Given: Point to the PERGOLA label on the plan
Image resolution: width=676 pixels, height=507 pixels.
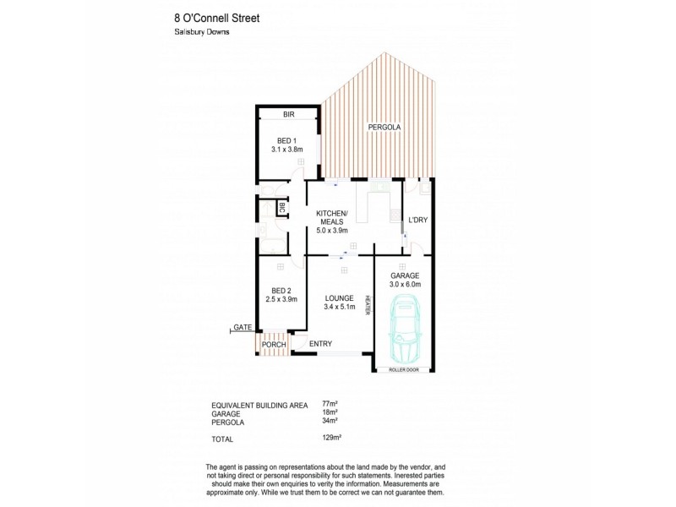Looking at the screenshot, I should pyautogui.click(x=384, y=128).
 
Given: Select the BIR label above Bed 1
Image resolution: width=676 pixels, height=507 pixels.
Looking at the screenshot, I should pyautogui.click(x=288, y=113).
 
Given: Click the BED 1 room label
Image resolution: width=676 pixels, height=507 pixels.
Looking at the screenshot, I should pyautogui.click(x=286, y=140).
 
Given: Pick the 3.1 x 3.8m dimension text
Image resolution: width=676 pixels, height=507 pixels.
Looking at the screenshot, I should pyautogui.click(x=286, y=150).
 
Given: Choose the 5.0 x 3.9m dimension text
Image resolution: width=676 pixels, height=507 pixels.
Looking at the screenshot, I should pyautogui.click(x=332, y=230).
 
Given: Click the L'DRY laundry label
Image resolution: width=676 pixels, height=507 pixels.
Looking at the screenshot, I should pyautogui.click(x=418, y=221).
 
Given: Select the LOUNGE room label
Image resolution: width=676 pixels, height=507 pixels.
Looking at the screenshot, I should pyautogui.click(x=339, y=297).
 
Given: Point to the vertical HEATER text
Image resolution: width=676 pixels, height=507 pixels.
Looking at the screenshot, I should pyautogui.click(x=368, y=304).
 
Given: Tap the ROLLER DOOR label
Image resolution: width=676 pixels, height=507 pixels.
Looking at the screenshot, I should pyautogui.click(x=403, y=370).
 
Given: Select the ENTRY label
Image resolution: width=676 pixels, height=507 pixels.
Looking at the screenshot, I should pyautogui.click(x=320, y=343).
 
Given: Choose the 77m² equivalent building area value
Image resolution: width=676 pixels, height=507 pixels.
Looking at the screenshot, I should pyautogui.click(x=330, y=404).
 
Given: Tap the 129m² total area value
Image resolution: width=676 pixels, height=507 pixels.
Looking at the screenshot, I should pyautogui.click(x=331, y=439).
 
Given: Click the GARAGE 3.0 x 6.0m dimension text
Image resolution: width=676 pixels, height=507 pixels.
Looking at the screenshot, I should pyautogui.click(x=405, y=285).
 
